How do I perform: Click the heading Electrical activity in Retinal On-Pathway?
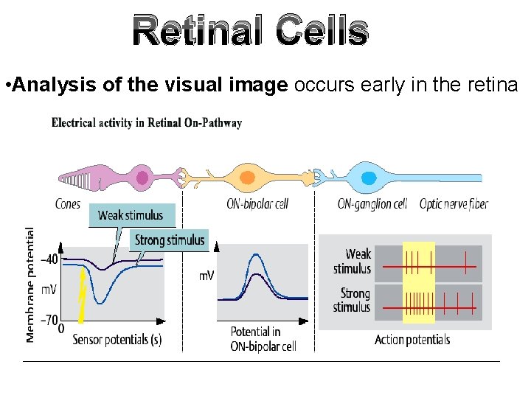pyautogui.click(x=147, y=123)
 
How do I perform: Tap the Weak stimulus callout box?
pyautogui.click(x=131, y=215)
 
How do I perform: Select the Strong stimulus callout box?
pyautogui.click(x=169, y=240)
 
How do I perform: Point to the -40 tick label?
pyautogui.click(x=49, y=260)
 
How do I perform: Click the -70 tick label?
pyautogui.click(x=49, y=321)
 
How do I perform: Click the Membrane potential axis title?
pyautogui.click(x=30, y=284)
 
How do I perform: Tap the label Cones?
pyautogui.click(x=69, y=203)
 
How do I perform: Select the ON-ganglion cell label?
pyautogui.click(x=372, y=203)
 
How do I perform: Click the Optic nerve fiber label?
pyautogui.click(x=454, y=203)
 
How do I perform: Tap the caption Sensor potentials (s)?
pyautogui.click(x=117, y=340)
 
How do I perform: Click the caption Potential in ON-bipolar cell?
pyautogui.click(x=263, y=339)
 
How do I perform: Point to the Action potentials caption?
pyautogui.click(x=412, y=340)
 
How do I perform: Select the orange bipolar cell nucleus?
pyautogui.click(x=248, y=178)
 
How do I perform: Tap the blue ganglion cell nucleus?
pyautogui.click(x=369, y=177)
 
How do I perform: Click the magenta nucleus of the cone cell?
pyautogui.click(x=142, y=178)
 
